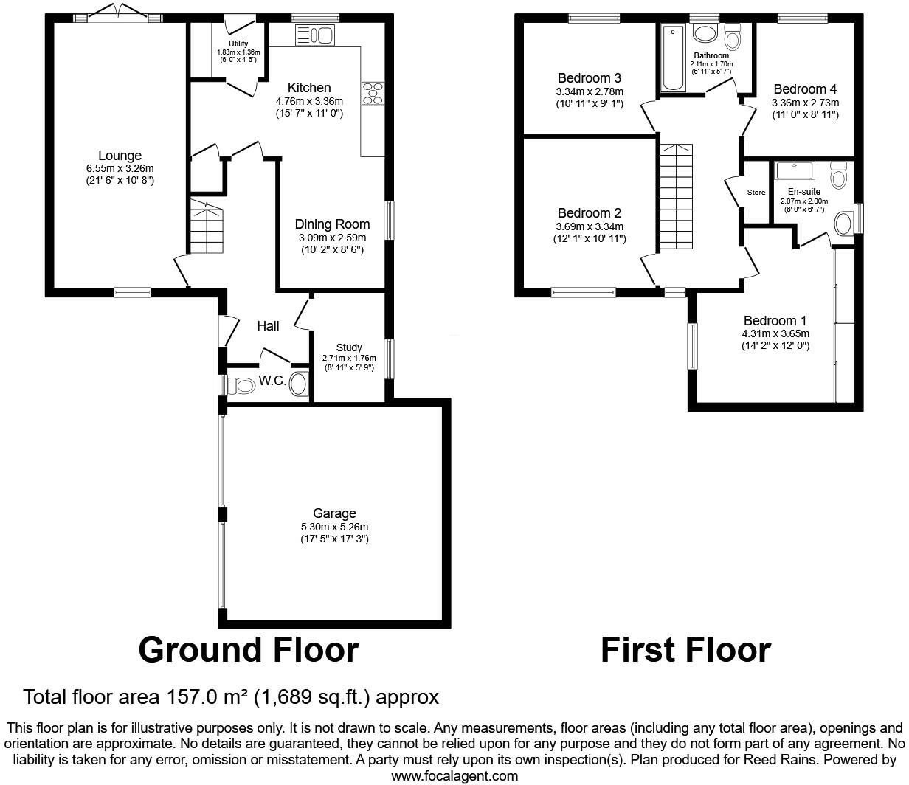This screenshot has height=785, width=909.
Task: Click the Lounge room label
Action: pyautogui.click(x=120, y=156)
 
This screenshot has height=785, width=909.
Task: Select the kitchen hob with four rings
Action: pyautogui.click(x=372, y=93)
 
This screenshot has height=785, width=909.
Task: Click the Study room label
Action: pyautogui.click(x=349, y=347)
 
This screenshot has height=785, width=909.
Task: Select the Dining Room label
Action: pyautogui.click(x=332, y=224)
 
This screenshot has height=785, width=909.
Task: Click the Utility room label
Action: pyautogui.click(x=238, y=44)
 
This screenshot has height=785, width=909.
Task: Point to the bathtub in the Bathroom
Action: pyautogui.click(x=673, y=58)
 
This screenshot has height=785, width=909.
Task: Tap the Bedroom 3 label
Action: pyautogui.click(x=590, y=77)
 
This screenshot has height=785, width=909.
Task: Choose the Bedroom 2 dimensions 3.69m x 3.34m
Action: pyautogui.click(x=590, y=226)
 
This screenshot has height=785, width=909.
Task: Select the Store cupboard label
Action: pyautogui.click(x=756, y=193)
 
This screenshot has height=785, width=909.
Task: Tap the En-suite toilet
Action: pyautogui.click(x=840, y=176)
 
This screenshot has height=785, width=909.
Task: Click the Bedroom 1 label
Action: pyautogui.click(x=775, y=321)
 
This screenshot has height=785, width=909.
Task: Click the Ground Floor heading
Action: pyautogui.click(x=249, y=650)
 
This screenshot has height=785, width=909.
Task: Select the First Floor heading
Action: pyautogui.click(x=685, y=650)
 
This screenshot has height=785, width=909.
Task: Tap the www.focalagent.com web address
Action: pyautogui.click(x=454, y=775)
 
